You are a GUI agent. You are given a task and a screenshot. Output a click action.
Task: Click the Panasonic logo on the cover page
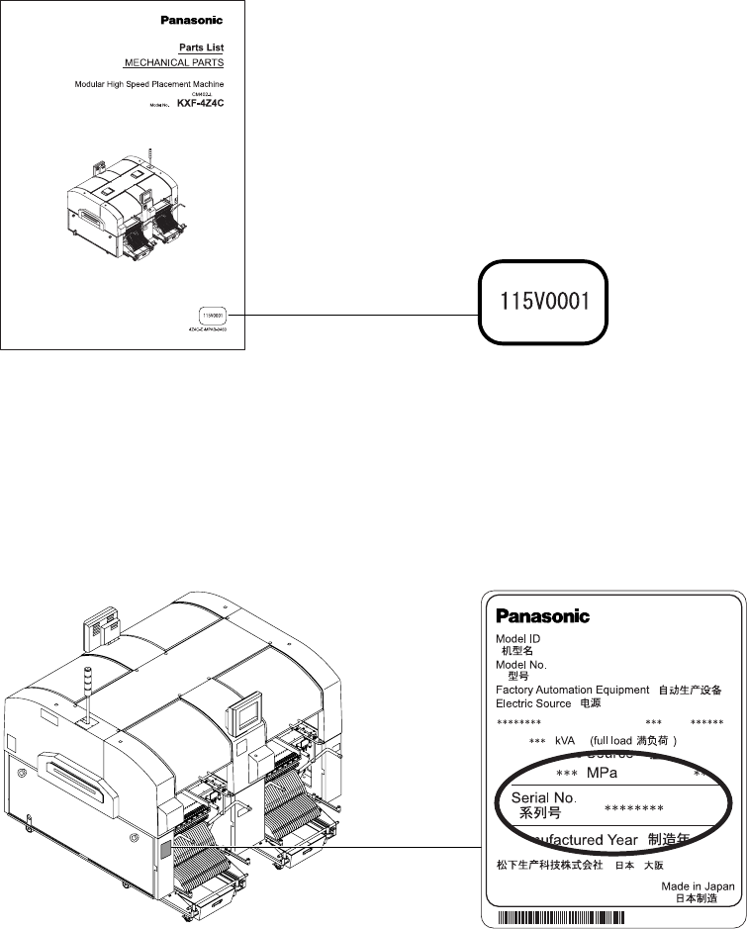(x=192, y=20)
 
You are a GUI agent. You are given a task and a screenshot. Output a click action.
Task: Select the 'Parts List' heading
(x=201, y=47)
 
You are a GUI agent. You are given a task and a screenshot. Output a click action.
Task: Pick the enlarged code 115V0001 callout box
(x=542, y=302)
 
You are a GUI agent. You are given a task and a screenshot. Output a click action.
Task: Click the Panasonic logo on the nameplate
(x=542, y=616)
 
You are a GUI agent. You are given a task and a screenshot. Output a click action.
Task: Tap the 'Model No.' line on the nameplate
(x=521, y=665)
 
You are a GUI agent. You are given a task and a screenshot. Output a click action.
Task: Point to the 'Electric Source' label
(x=533, y=703)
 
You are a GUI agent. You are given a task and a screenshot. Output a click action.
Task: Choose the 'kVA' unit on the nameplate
(x=568, y=740)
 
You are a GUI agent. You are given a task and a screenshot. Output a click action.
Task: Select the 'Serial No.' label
(x=543, y=796)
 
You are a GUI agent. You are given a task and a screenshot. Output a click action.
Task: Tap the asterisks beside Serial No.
(x=633, y=809)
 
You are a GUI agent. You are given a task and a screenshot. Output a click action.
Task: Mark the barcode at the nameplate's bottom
(x=613, y=918)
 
